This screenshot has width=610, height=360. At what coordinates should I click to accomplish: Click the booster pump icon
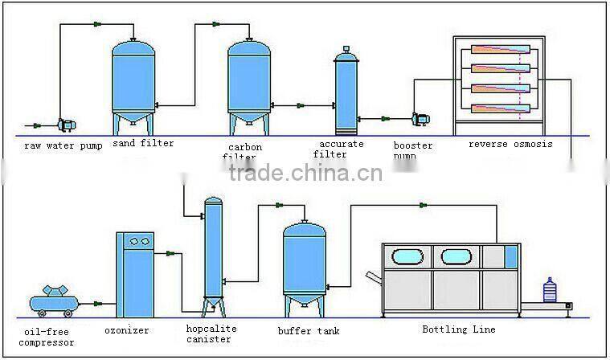click(420, 119)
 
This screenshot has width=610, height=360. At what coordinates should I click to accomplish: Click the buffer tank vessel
click(305, 261)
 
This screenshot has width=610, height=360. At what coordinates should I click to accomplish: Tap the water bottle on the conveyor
click(551, 290)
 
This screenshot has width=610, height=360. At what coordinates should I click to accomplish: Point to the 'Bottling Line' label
click(459, 329)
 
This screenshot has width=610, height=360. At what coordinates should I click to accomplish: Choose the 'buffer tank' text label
click(308, 330)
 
